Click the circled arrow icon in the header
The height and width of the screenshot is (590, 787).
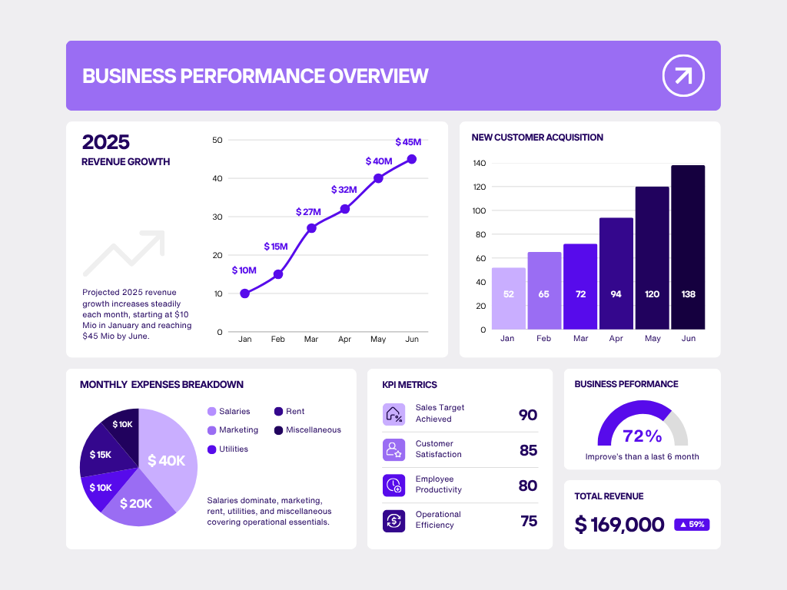683,75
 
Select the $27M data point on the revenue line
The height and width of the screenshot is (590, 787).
311,228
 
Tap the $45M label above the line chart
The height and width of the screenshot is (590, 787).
408,142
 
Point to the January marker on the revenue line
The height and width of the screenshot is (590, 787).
244,293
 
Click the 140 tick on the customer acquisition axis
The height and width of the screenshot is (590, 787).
479,164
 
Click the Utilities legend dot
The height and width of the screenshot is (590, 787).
211,449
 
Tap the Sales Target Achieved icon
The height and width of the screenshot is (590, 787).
393,414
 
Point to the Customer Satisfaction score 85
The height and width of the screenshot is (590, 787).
528,450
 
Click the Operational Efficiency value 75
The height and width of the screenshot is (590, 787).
529,521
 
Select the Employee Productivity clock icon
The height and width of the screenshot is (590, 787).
393,485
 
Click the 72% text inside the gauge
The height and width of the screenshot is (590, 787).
643,436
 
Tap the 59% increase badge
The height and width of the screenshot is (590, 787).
692,525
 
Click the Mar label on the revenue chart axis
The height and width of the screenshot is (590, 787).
311,339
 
